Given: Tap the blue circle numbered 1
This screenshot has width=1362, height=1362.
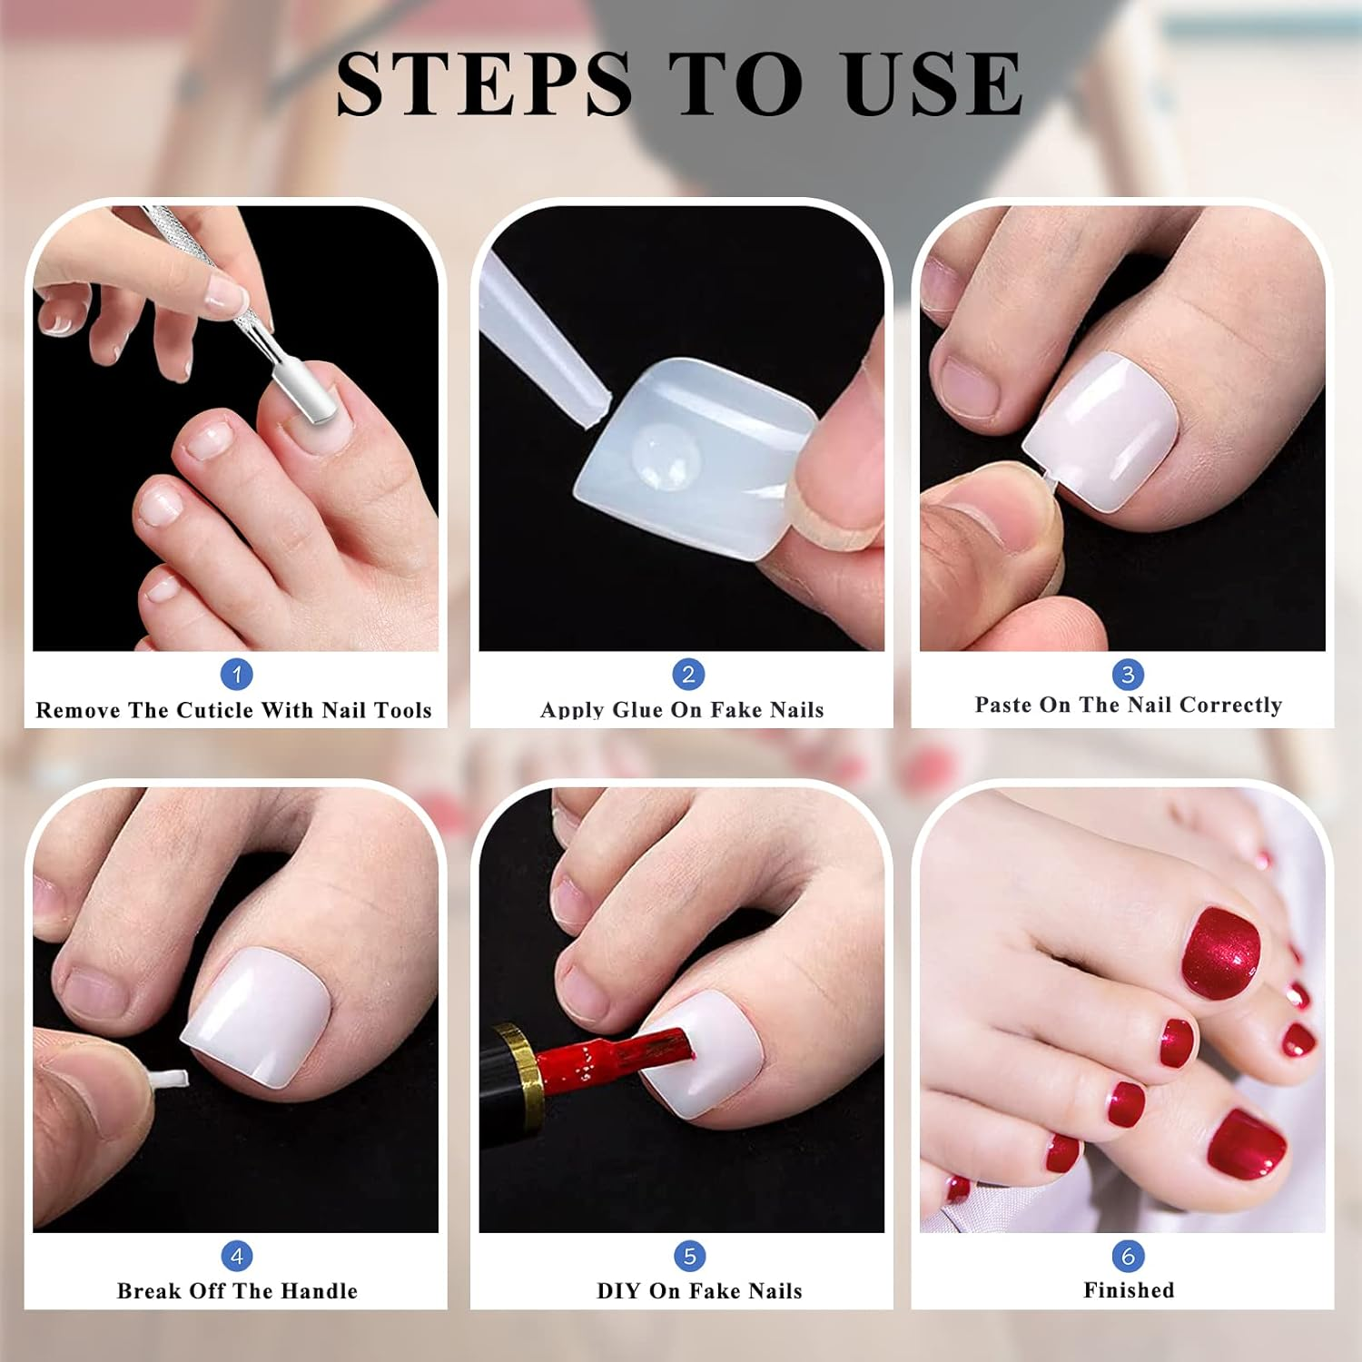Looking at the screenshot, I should tap(237, 675).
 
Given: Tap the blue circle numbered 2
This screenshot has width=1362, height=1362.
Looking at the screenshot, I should tap(688, 675).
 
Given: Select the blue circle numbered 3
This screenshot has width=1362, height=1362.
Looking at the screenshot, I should tap(1128, 675).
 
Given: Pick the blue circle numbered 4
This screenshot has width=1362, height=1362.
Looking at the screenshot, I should tap(237, 1257).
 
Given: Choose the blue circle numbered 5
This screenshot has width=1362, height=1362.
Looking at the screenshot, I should tap(689, 1257).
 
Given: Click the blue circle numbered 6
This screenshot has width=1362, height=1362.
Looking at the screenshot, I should tap(1128, 1257).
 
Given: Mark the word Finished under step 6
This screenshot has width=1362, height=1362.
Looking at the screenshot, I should tap(1129, 1290).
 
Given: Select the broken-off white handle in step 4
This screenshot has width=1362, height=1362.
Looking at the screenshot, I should tap(170, 1079).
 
